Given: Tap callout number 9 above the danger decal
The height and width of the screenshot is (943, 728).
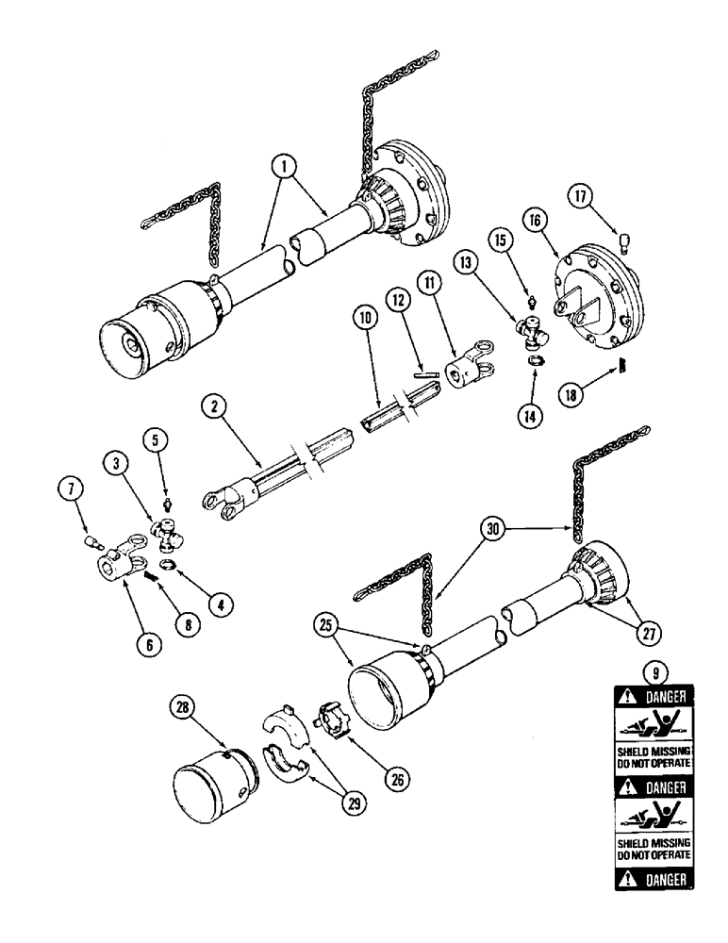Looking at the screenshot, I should click(649, 673).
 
